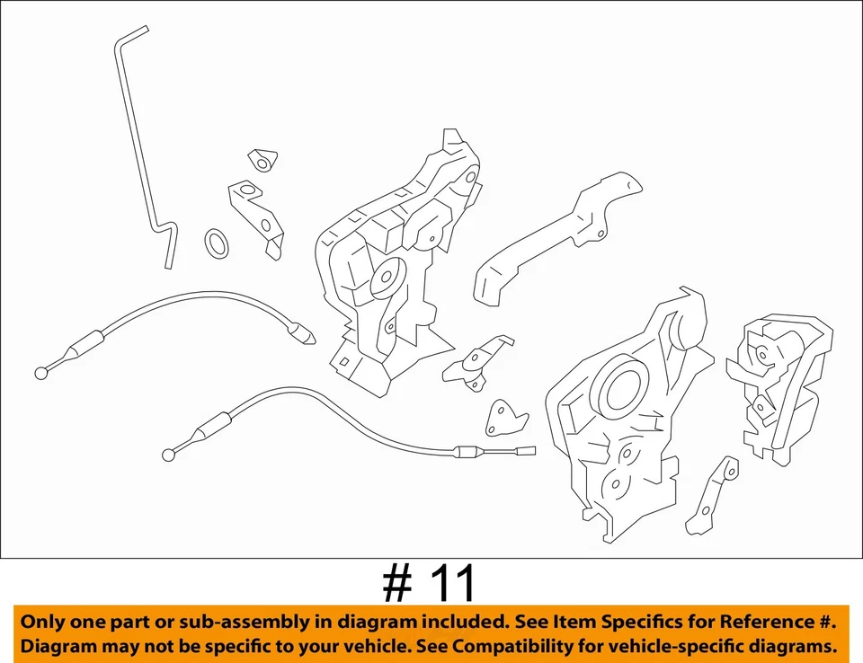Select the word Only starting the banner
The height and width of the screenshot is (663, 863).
point(44,622)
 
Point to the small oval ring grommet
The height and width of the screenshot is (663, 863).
point(217,243)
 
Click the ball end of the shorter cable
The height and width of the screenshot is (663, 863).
point(41,372)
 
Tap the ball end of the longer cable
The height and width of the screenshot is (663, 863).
point(168,455)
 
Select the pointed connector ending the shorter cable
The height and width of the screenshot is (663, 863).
point(304,337)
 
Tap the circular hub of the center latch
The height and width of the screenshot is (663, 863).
point(385,278)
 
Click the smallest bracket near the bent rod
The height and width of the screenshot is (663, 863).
point(262,160)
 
